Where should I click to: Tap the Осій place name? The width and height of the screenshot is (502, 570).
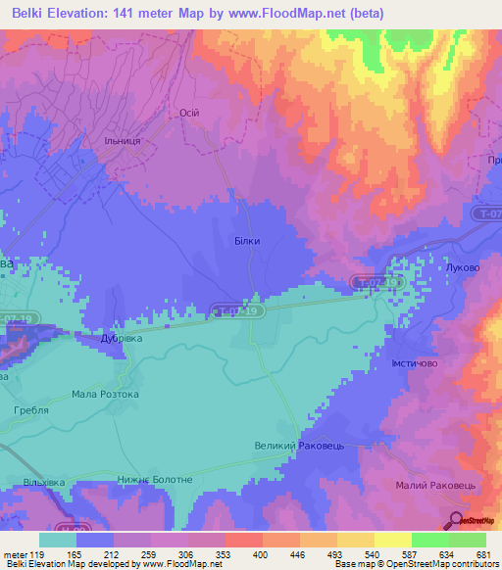(188, 113)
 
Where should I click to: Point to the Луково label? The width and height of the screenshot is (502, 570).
(460, 266)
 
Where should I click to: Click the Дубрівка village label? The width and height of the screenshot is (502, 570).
(123, 339)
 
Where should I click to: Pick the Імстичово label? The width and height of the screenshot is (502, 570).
(406, 364)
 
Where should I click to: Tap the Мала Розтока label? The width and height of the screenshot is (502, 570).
(105, 394)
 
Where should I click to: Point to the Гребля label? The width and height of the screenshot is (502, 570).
(30, 412)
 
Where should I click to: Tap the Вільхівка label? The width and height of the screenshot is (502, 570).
(43, 484)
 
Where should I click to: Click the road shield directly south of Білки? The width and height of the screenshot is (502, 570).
(238, 311)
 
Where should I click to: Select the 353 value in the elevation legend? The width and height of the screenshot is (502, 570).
(208, 554)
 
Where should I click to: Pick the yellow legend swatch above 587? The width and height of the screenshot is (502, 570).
(392, 540)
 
